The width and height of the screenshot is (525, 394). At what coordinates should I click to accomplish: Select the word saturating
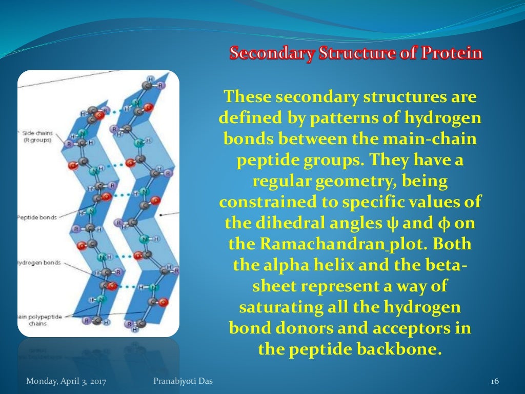tap(279, 308)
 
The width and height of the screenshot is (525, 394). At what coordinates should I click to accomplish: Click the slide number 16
tap(495, 381)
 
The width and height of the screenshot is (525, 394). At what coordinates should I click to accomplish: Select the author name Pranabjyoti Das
tap(183, 381)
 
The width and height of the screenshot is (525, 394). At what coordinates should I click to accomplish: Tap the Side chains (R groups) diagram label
tap(37, 136)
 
